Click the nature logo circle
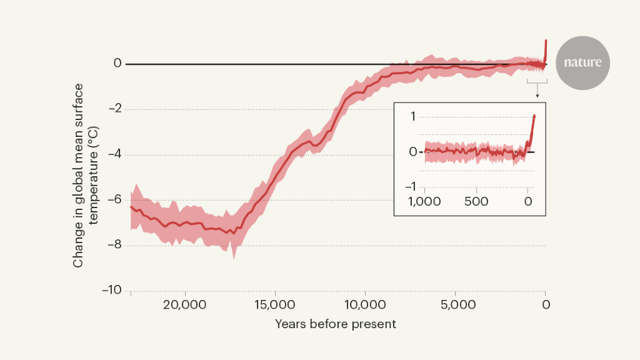tap(582, 62)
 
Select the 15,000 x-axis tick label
tap(276, 306)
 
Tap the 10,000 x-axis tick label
tap(366, 306)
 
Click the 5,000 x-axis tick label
tap(456, 306)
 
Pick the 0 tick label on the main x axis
tap(546, 306)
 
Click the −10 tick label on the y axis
tap(112, 291)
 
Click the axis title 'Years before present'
tap(336, 324)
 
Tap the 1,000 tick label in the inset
tap(425, 201)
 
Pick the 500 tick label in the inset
tap(476, 201)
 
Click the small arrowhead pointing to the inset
tap(537, 96)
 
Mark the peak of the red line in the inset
tap(534, 116)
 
